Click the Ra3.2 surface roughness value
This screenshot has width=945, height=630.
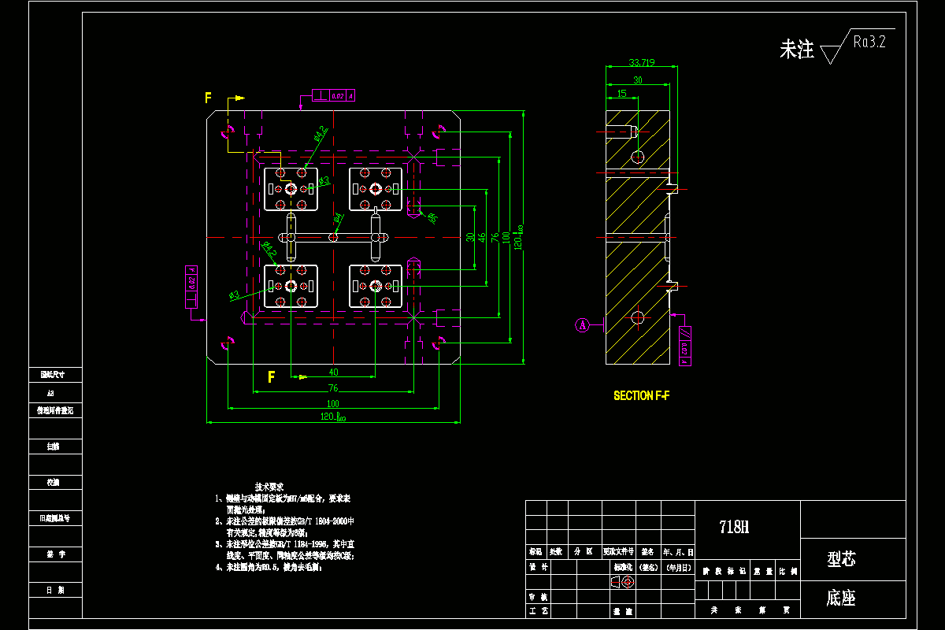[869, 42]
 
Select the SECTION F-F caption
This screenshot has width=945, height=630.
[642, 395]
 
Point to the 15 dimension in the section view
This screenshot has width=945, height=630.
[622, 93]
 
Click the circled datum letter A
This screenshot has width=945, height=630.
[582, 324]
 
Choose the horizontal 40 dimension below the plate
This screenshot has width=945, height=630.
[333, 372]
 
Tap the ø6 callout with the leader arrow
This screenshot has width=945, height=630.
[432, 217]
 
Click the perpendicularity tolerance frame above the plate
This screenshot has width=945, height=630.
[334, 96]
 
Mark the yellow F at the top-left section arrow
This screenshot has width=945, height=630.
[209, 98]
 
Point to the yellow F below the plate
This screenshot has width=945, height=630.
[272, 376]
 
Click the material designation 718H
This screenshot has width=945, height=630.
[733, 528]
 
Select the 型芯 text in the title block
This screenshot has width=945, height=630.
[841, 559]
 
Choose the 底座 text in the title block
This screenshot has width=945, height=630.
[841, 598]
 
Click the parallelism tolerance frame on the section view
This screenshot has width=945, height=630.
[684, 346]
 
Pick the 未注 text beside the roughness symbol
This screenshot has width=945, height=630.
[796, 50]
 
